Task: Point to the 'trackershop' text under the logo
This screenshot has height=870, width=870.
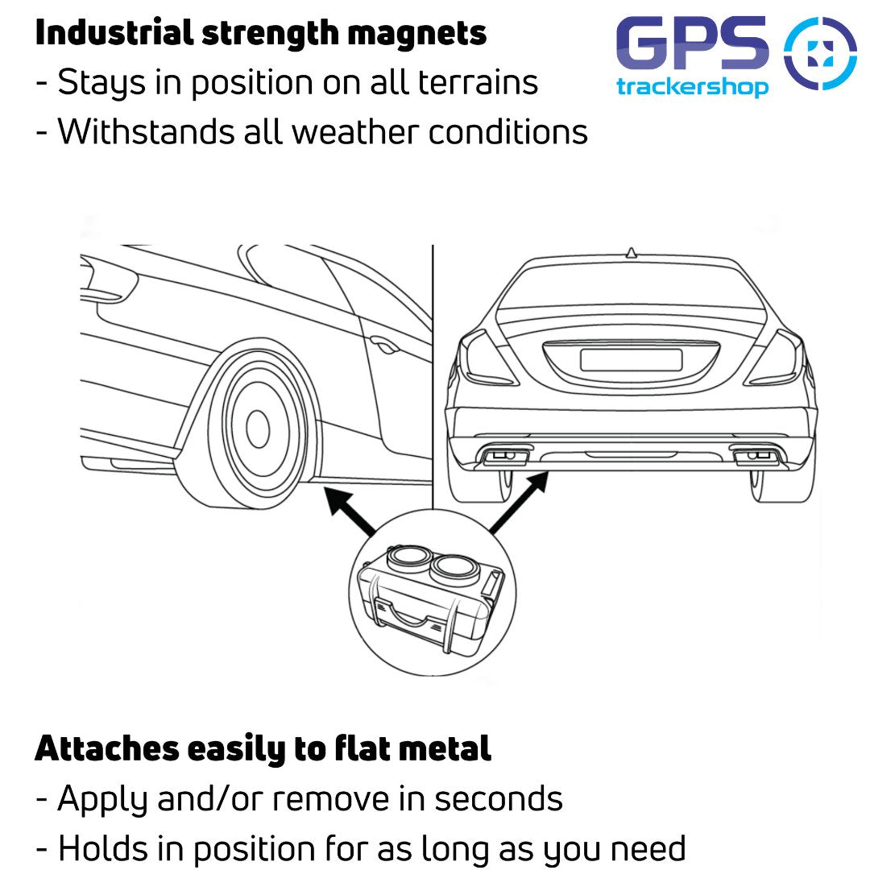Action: click(x=693, y=87)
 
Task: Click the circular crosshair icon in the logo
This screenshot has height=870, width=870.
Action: click(x=820, y=52)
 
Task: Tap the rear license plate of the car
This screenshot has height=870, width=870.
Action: click(x=631, y=359)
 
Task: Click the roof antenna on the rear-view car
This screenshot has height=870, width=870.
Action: click(x=631, y=252)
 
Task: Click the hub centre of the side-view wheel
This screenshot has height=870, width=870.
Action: click(x=257, y=429)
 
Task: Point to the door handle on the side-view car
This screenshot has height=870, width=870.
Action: click(x=383, y=347)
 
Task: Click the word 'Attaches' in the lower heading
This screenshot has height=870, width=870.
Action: click(x=107, y=749)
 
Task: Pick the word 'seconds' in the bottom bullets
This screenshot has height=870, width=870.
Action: click(x=499, y=798)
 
